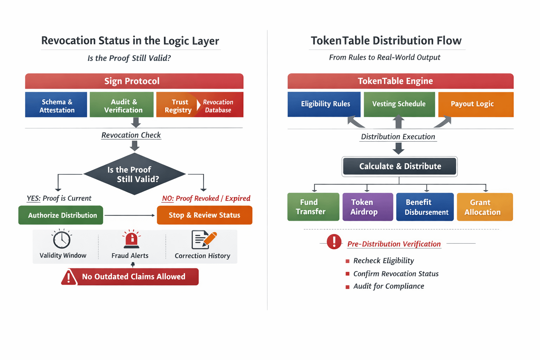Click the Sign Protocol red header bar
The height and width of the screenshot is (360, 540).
(x=134, y=81)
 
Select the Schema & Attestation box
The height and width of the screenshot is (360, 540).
(x=56, y=105)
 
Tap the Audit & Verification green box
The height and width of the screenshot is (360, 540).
(x=122, y=105)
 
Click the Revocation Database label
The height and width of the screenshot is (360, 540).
(x=218, y=106)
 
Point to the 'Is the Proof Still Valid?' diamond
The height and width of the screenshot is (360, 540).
(x=134, y=174)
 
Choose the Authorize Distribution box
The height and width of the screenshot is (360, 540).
(x=61, y=215)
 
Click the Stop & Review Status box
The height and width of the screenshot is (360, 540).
(x=205, y=215)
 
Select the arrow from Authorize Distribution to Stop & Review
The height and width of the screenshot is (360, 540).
(x=130, y=215)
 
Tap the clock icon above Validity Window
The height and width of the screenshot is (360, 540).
(x=62, y=239)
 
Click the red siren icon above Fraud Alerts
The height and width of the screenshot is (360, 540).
(x=131, y=239)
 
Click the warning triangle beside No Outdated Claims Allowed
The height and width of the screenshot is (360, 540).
(x=69, y=277)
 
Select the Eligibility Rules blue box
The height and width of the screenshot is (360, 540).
(x=324, y=104)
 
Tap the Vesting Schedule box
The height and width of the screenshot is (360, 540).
(x=399, y=104)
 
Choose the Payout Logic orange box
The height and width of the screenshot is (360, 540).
(x=476, y=104)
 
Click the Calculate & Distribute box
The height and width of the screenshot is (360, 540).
(x=400, y=166)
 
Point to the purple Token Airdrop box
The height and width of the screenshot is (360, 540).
(x=368, y=207)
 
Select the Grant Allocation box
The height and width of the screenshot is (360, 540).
(x=485, y=207)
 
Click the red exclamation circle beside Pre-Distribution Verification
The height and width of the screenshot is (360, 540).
(x=334, y=242)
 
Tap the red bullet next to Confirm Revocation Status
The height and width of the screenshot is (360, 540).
(x=347, y=274)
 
